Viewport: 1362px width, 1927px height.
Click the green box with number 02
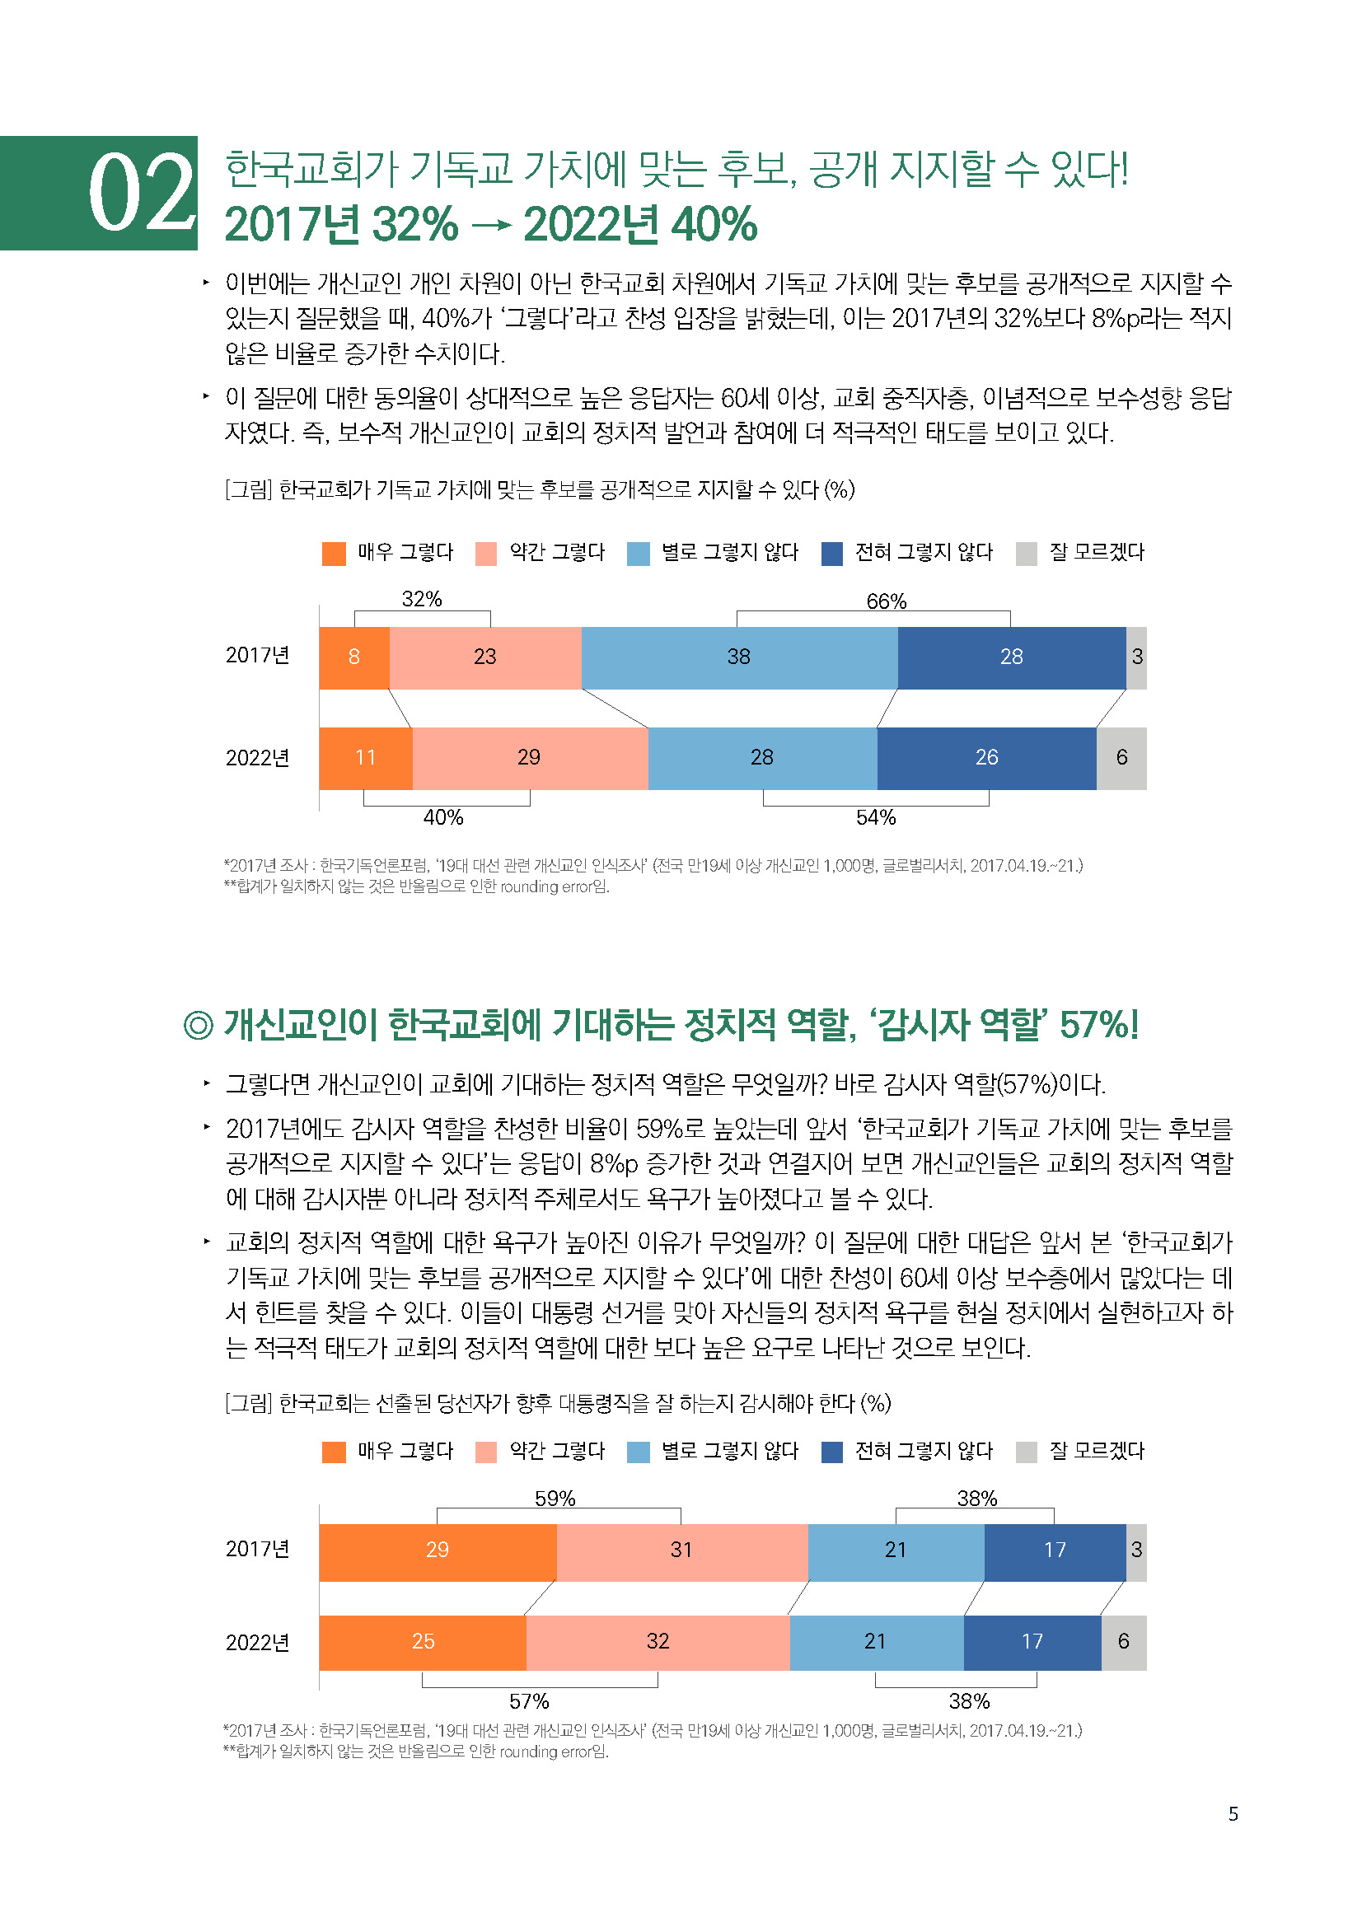(99, 193)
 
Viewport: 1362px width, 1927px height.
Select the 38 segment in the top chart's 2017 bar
(738, 657)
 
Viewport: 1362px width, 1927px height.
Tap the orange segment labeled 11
(365, 758)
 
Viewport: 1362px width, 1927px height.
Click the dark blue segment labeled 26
(986, 758)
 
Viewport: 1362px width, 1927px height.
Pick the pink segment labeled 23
(485, 657)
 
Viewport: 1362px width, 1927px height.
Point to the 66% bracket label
(887, 601)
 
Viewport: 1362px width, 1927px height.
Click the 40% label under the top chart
(443, 817)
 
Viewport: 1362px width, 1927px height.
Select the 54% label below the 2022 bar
(875, 817)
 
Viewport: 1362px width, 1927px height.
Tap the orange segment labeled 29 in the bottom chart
(438, 1550)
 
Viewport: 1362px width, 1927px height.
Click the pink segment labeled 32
(658, 1642)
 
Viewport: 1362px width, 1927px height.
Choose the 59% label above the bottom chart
(555, 1499)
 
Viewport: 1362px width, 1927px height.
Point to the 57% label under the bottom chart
(529, 1701)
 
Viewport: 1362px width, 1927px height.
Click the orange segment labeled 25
(423, 1642)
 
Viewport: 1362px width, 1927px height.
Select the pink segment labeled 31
(681, 1550)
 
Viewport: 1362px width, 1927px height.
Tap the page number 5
(1233, 1814)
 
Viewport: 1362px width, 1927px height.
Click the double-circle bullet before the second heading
(198, 1026)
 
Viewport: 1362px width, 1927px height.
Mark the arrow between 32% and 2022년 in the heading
(491, 225)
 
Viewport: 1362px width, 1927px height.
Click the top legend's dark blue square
(831, 554)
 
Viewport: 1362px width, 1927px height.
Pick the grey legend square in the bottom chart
(1027, 1452)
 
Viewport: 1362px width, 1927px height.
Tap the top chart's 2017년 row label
(258, 656)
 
